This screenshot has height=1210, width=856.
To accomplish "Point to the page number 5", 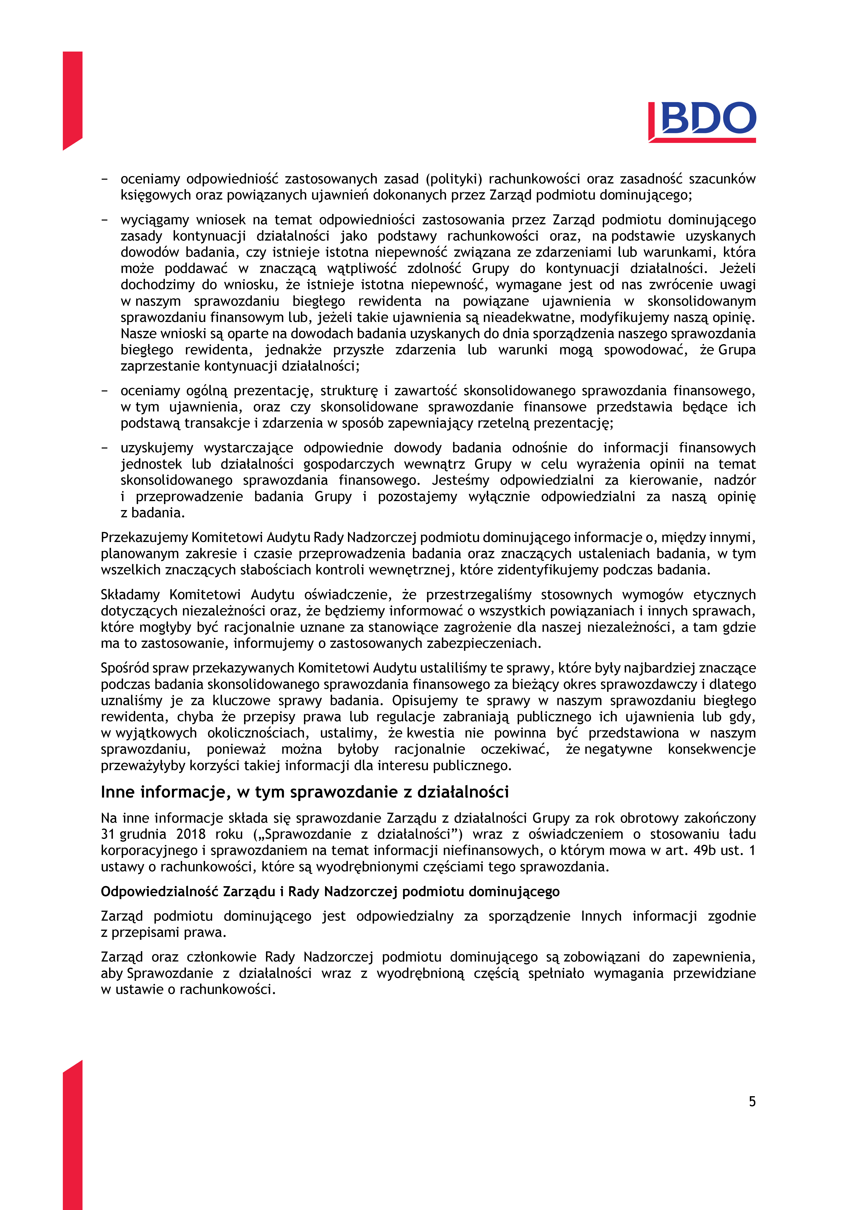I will pos(752,1101).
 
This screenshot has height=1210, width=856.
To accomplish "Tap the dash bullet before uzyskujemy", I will pos(105,448).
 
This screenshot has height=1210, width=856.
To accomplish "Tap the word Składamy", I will pos(130,595).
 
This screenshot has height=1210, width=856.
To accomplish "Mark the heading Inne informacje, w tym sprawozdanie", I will pos(305,792).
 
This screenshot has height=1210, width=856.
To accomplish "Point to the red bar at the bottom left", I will pos(72,1138).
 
